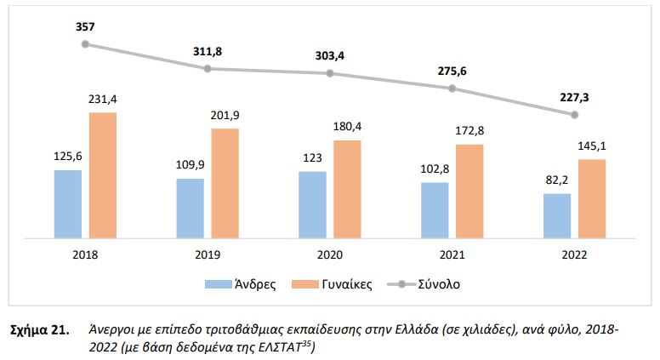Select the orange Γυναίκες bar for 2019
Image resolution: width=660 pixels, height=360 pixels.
225,182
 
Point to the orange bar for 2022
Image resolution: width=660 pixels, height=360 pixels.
592,197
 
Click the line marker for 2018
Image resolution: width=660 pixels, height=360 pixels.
85,44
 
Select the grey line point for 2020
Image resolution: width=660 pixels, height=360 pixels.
330,73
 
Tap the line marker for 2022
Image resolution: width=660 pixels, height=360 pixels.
575,114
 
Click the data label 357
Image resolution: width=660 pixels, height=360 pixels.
85,26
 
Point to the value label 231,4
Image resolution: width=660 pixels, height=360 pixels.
103,100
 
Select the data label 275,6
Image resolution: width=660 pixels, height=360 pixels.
452,70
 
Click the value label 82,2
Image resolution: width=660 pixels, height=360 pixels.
557,180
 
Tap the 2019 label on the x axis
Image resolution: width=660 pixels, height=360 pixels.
208,253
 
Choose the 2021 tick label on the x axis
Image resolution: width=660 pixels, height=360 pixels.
452,253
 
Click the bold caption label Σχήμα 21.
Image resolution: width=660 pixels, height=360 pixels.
37,327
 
